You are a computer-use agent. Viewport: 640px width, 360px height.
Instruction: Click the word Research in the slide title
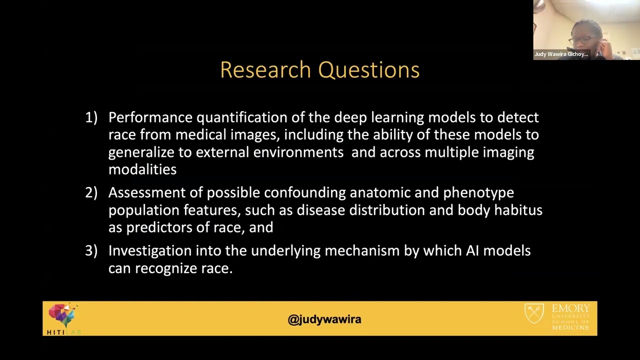coord(265,69)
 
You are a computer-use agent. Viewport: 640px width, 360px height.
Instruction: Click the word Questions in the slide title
coord(369,70)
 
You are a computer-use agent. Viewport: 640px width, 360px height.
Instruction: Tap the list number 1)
coord(91,117)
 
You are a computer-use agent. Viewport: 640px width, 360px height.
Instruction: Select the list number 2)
coord(91,192)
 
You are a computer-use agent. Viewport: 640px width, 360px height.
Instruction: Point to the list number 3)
coord(91,250)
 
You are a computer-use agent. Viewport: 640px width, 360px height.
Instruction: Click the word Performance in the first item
coord(150,117)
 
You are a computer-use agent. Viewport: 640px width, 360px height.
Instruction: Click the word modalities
coord(142,169)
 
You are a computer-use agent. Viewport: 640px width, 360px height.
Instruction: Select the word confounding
coord(305,193)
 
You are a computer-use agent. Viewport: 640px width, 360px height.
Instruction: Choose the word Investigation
coord(150,251)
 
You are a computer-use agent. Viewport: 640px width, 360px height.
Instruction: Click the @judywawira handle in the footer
coord(324,319)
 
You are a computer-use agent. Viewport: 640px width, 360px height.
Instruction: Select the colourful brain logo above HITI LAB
coord(62,314)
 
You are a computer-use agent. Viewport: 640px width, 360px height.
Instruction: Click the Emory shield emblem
coord(534,313)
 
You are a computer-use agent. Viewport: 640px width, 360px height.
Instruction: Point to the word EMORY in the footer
coord(570,308)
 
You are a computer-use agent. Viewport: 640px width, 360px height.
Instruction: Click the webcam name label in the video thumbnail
coord(561,54)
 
